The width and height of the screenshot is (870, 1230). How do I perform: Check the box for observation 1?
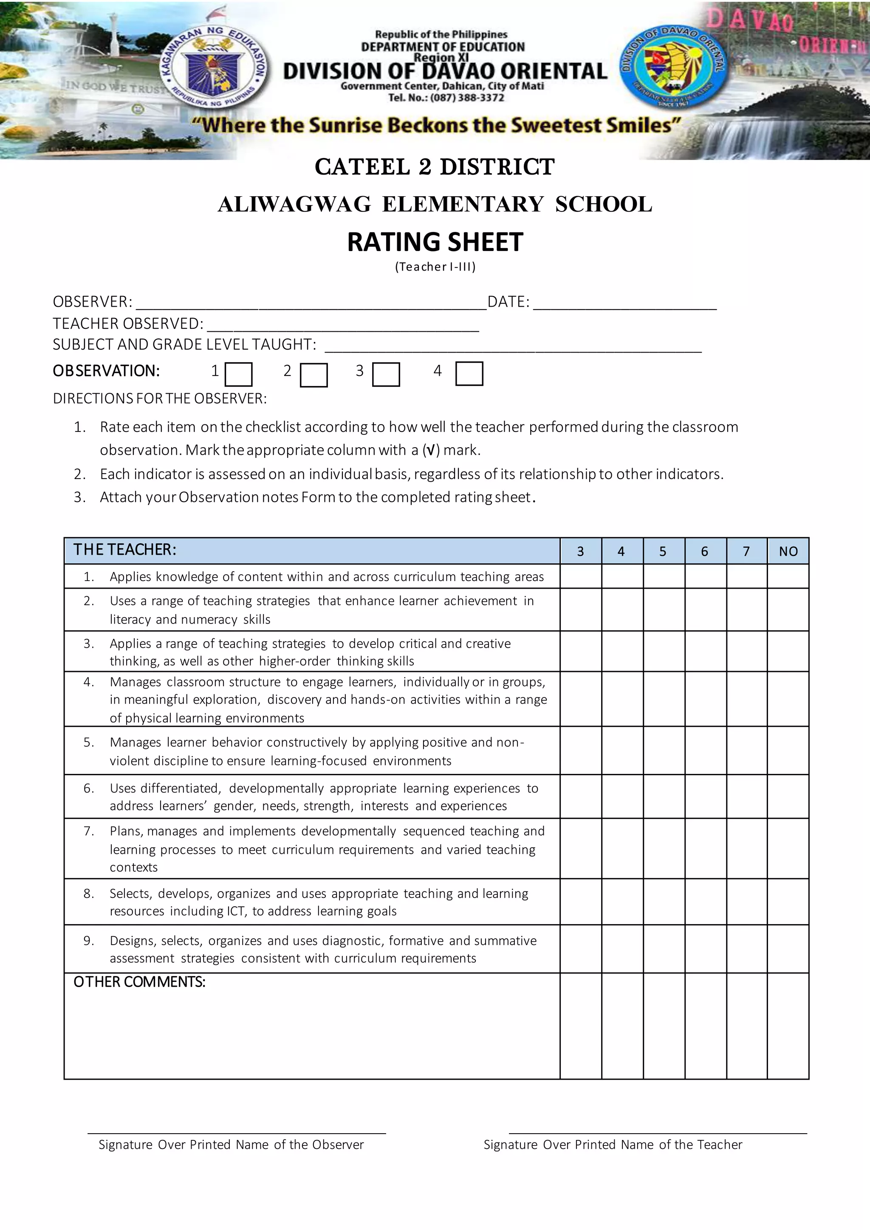pos(238,375)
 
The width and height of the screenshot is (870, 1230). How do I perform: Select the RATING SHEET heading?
pos(435,242)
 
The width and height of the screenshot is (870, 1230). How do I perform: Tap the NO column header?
pos(788,551)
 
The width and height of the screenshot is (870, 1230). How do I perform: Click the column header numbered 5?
pos(663,551)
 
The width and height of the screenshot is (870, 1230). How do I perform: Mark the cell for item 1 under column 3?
pos(581,576)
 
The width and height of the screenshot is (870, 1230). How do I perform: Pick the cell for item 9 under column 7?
pos(746,949)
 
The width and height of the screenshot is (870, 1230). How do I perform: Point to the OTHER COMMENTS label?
pos(139,982)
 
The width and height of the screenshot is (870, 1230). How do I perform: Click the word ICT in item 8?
pos(236,911)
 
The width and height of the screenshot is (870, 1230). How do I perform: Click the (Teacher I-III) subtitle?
pos(435,267)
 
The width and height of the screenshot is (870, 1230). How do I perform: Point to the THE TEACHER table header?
pos(125,550)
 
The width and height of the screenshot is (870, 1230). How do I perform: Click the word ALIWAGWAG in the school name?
pos(294,205)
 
